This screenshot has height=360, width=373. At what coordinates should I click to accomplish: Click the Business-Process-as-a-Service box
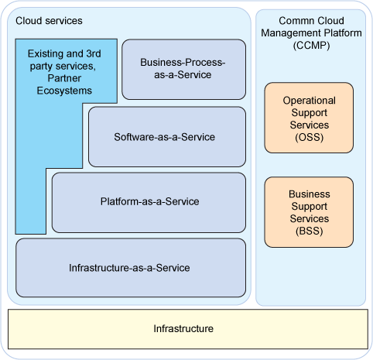(x=183, y=69)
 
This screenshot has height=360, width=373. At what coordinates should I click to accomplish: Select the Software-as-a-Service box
(x=167, y=137)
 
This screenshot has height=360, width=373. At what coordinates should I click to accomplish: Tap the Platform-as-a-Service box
(x=149, y=203)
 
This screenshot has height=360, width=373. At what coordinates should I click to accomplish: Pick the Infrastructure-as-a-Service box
(x=131, y=268)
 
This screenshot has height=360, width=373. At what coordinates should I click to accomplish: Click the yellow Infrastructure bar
(x=188, y=329)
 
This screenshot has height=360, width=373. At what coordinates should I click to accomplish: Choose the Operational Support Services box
(x=309, y=118)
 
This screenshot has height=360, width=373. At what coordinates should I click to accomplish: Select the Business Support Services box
(x=309, y=212)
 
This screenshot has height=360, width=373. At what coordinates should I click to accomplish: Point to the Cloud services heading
(x=49, y=21)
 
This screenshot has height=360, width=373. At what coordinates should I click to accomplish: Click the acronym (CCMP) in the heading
(x=311, y=46)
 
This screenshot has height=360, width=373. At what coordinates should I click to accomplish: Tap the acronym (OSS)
(x=310, y=137)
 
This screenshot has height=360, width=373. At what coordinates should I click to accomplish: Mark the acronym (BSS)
(x=310, y=231)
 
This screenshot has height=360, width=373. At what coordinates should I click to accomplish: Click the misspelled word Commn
(x=293, y=21)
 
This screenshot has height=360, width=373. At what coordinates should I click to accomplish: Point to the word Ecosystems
(x=64, y=91)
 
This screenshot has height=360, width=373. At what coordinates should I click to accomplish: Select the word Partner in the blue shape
(x=64, y=78)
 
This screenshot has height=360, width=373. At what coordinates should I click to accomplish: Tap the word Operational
(x=310, y=101)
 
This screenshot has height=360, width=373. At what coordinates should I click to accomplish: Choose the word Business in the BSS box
(x=310, y=194)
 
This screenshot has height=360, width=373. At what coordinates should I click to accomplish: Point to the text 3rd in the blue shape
(x=94, y=53)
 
